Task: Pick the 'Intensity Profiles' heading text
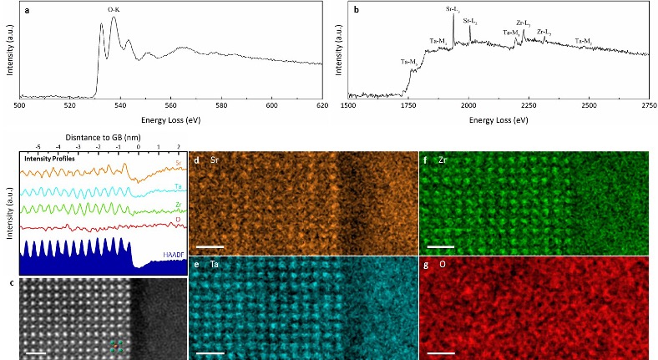pos(49,156)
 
